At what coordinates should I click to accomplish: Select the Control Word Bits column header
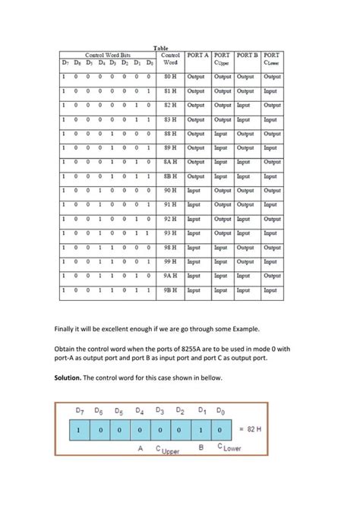[108, 55]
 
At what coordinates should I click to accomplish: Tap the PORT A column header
[197, 55]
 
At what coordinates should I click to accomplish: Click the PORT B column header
[247, 55]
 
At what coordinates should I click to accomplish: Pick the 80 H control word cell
[171, 77]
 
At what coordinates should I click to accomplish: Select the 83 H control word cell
[171, 119]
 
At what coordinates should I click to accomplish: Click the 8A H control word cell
[171, 162]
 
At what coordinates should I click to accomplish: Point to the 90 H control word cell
[171, 190]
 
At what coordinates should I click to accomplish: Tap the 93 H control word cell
[171, 232]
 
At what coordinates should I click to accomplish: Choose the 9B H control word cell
[171, 289]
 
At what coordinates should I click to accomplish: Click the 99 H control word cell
[171, 261]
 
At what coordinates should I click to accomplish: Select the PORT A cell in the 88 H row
[196, 133]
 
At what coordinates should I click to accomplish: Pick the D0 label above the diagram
[219, 410]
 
